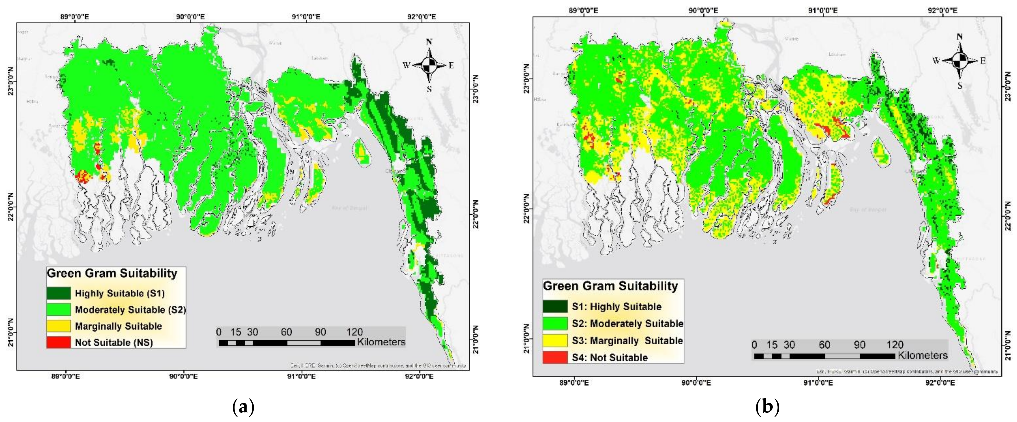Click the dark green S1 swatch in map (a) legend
pyautogui.click(x=58, y=293)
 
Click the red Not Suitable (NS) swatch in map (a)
pyautogui.click(x=58, y=342)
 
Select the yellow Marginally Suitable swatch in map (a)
pyautogui.click(x=58, y=326)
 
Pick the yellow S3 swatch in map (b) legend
pyautogui.click(x=555, y=340)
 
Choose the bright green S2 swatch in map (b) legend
pyautogui.click(x=555, y=323)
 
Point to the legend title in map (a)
pyautogui.click(x=112, y=273)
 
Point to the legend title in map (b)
pyautogui.click(x=610, y=286)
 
